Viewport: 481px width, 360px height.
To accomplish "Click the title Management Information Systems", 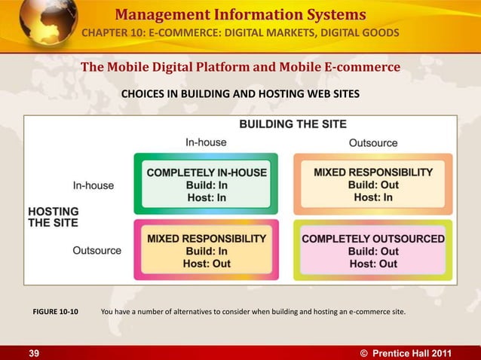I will pyautogui.click(x=241, y=14).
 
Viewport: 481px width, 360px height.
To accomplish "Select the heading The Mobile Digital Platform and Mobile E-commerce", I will pyautogui.click(x=240, y=68).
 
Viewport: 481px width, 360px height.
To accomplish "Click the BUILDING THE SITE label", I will pyautogui.click(x=293, y=124).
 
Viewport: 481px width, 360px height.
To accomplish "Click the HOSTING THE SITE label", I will pyautogui.click(x=53, y=217).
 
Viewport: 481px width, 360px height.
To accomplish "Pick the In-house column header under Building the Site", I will pyautogui.click(x=206, y=142).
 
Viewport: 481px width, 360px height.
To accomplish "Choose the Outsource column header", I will pyautogui.click(x=373, y=142).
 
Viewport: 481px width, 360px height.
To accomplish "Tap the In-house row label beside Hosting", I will pyautogui.click(x=93, y=185).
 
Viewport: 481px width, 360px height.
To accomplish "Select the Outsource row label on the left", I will pyautogui.click(x=97, y=250).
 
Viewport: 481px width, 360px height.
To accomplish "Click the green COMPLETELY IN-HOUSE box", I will pyautogui.click(x=206, y=185).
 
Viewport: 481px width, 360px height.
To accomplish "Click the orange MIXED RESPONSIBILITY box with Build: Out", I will pyautogui.click(x=373, y=185).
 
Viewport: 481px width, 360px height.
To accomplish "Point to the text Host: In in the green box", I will pyautogui.click(x=207, y=198).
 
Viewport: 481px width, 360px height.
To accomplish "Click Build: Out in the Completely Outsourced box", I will pyautogui.click(x=373, y=252).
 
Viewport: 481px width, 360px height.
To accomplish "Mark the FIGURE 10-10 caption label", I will pyautogui.click(x=55, y=309).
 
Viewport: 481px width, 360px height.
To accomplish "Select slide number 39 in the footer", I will pyautogui.click(x=34, y=352).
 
